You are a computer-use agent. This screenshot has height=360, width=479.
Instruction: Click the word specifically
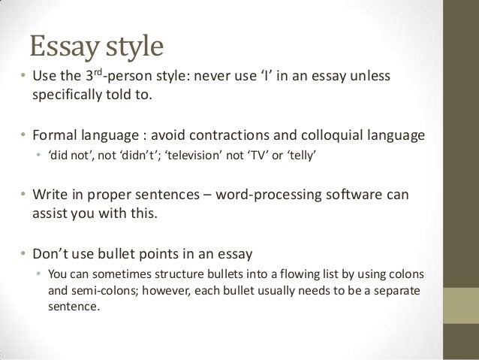coord(67,97)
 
